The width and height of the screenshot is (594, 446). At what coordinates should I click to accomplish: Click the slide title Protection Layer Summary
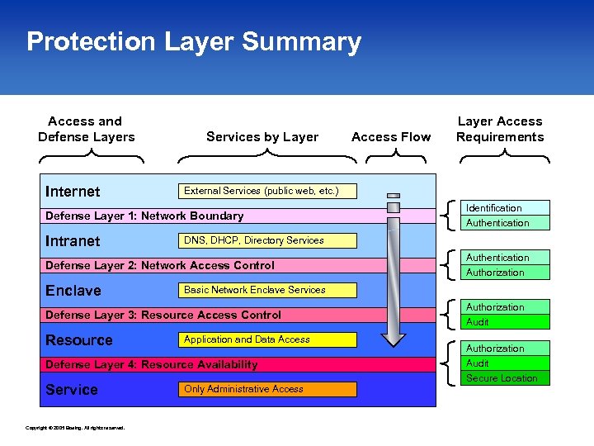click(194, 42)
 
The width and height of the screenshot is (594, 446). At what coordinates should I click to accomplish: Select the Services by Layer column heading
click(262, 137)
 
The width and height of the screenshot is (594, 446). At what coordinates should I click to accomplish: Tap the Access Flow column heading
click(391, 137)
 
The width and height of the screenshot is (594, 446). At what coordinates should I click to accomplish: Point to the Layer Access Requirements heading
click(500, 129)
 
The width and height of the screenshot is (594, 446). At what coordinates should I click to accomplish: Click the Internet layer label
click(73, 192)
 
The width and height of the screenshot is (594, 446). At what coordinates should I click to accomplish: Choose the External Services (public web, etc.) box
click(268, 191)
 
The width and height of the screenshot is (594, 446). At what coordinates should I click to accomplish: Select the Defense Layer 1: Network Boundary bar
click(144, 216)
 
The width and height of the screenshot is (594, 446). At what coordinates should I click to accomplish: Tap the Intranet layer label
click(73, 241)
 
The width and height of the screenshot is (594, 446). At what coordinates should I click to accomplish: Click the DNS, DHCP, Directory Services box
click(268, 240)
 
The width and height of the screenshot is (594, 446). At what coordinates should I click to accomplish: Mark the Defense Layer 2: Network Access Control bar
click(160, 265)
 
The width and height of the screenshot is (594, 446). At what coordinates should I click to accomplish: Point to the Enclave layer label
click(73, 291)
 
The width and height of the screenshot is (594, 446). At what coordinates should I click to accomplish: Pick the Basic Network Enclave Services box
click(268, 290)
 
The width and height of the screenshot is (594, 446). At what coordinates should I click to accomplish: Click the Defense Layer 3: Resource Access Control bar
click(163, 315)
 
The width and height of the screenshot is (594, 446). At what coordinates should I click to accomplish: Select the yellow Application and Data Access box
click(268, 339)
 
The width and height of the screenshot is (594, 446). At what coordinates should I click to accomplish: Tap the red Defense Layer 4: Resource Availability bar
click(152, 364)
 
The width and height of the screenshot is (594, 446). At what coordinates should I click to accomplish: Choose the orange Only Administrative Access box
click(268, 389)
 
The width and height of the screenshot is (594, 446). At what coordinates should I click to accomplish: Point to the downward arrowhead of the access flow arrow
click(394, 338)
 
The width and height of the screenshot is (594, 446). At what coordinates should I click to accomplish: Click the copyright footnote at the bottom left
click(75, 428)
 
